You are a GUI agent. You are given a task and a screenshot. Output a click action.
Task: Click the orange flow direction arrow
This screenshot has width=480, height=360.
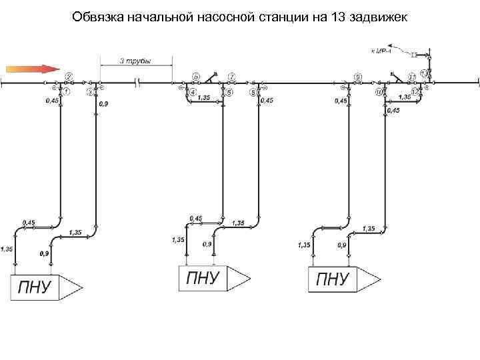[31, 67]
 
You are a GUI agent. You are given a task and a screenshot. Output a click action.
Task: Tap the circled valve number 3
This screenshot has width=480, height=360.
[89, 93]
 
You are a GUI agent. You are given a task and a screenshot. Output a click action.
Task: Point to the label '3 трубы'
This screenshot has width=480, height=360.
[135, 61]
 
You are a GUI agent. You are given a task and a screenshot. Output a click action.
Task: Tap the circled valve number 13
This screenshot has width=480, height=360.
[424, 73]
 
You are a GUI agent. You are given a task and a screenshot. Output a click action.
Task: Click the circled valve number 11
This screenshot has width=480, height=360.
[412, 77]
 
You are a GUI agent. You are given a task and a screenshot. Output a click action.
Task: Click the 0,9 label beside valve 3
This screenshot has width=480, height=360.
[103, 104]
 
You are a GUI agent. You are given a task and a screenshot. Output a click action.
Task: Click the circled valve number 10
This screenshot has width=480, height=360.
[379, 92]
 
